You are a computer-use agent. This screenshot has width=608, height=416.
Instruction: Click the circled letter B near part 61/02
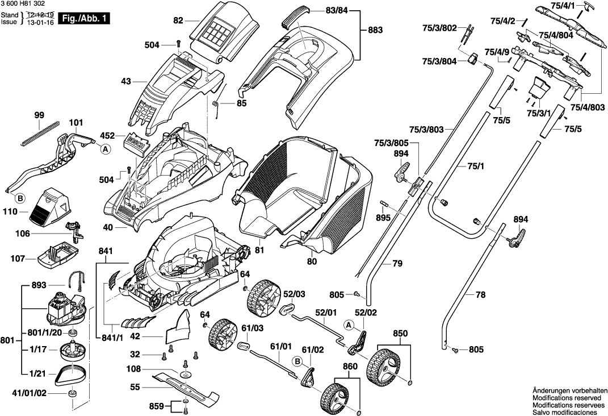(297, 361)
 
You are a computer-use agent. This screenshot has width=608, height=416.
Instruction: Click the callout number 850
(400, 332)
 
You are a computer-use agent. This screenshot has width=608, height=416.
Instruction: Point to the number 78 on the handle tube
(480, 295)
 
